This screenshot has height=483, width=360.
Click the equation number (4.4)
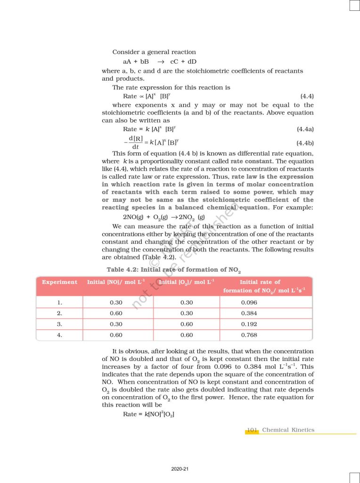click(x=307, y=96)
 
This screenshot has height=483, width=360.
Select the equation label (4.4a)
click(x=305, y=129)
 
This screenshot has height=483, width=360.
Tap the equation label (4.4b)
click(x=305, y=142)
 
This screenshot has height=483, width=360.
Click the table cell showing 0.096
click(x=249, y=303)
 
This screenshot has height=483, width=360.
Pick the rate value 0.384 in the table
click(x=249, y=313)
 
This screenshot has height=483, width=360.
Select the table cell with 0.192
click(x=249, y=324)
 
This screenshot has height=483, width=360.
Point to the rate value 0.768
click(x=249, y=335)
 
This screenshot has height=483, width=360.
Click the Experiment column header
click(x=59, y=282)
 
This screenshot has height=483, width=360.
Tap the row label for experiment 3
click(x=59, y=324)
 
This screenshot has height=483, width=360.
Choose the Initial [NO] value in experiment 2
click(x=116, y=313)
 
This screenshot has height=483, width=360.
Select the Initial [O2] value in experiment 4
click(x=187, y=335)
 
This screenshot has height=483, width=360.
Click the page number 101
click(x=252, y=430)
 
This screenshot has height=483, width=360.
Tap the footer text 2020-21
click(x=180, y=469)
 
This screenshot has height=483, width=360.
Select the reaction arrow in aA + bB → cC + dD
click(x=160, y=62)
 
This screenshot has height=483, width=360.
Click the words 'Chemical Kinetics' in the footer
click(x=288, y=430)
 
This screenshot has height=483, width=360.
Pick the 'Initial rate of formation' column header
click(x=264, y=286)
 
